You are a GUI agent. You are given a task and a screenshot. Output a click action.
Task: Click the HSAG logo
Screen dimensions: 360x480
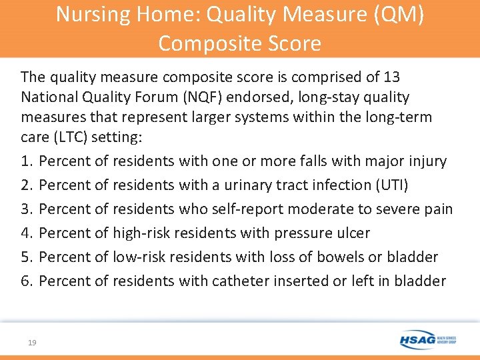click(x=428, y=340)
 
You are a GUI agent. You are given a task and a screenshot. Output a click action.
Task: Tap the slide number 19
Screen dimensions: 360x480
click(x=32, y=342)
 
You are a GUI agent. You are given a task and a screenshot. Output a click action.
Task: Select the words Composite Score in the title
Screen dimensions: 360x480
click(x=240, y=44)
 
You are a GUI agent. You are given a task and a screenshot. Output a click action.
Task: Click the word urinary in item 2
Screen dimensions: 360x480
click(x=252, y=185)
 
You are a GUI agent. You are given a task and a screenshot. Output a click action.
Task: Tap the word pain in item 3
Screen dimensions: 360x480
click(x=438, y=209)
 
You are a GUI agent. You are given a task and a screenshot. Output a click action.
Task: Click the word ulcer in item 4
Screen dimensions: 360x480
click(x=352, y=233)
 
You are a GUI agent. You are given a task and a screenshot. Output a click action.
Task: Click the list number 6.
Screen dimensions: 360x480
click(x=27, y=281)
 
